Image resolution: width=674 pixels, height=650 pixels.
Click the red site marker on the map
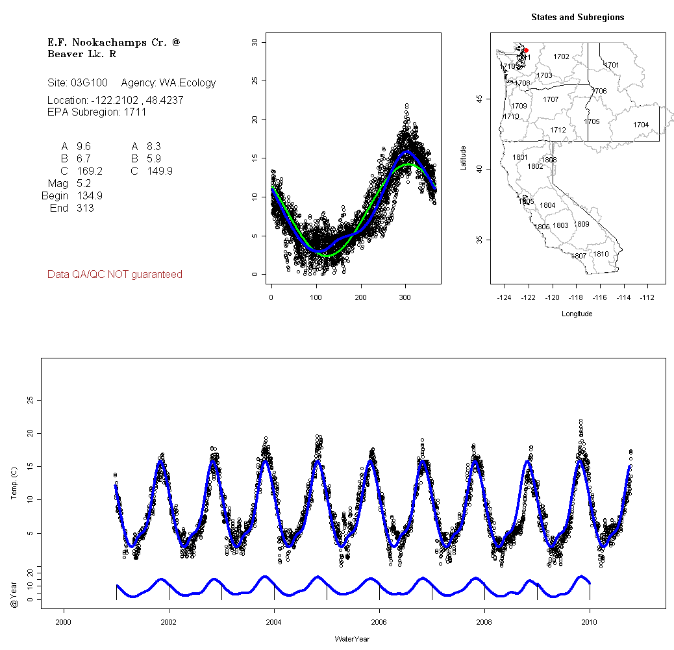pyautogui.click(x=526, y=50)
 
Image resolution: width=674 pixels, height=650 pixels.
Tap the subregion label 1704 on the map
pyautogui.click(x=641, y=125)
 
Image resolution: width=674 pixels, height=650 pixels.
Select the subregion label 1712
pyautogui.click(x=558, y=130)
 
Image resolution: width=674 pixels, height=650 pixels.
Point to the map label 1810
pyautogui.click(x=601, y=254)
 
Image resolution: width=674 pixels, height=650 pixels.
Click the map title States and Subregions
pyautogui.click(x=577, y=18)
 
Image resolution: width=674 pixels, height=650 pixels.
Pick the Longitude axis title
pyautogui.click(x=577, y=314)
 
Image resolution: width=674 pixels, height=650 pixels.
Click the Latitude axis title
pyautogui.click(x=464, y=157)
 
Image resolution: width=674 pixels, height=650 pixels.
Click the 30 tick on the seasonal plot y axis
pyautogui.click(x=255, y=42)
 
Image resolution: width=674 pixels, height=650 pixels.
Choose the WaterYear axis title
pyautogui.click(x=352, y=639)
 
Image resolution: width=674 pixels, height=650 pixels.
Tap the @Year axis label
pyautogui.click(x=14, y=595)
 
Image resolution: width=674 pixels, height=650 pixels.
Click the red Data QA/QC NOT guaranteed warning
pyautogui.click(x=115, y=275)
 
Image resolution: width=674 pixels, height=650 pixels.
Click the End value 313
pyautogui.click(x=84, y=208)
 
